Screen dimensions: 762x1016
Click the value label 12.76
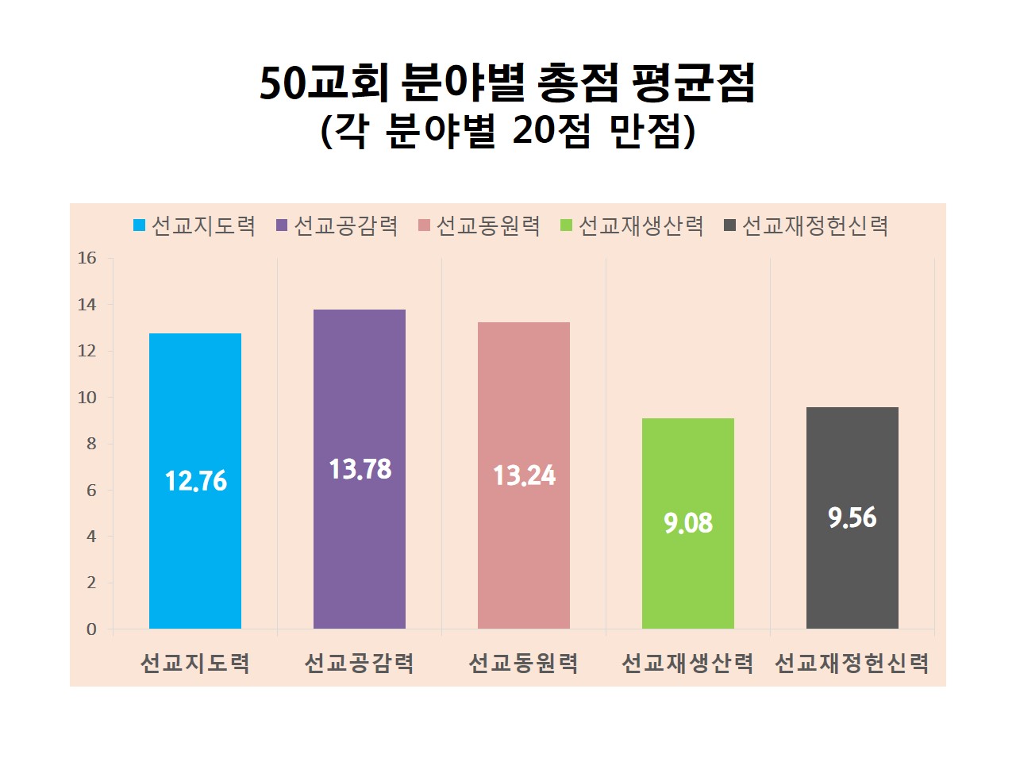[x=196, y=481]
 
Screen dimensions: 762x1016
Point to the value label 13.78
[x=360, y=469]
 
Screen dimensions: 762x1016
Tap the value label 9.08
[x=688, y=523]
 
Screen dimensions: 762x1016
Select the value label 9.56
[x=852, y=518]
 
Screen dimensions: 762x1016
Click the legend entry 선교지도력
[x=203, y=226]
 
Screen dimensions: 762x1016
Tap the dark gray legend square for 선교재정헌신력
[x=730, y=226]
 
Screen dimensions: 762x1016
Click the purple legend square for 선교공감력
[x=282, y=226]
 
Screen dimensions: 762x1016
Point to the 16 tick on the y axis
[x=87, y=258]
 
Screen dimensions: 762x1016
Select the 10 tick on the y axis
[x=87, y=398]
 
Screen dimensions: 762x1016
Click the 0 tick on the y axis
[x=91, y=629]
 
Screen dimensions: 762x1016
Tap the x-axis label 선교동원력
[x=524, y=663]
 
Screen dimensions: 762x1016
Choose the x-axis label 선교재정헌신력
[x=852, y=663]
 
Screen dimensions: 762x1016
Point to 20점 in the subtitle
[x=551, y=131]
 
